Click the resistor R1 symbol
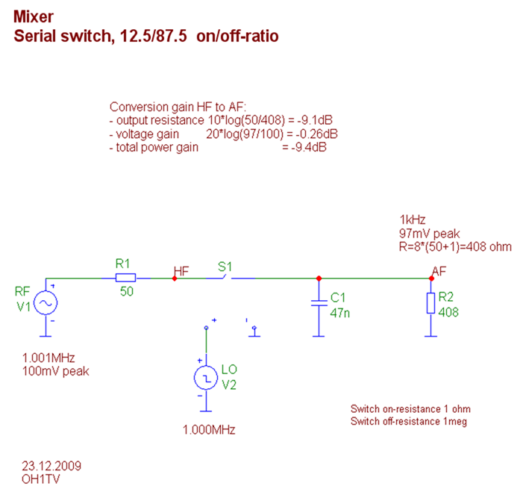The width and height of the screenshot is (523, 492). pyautogui.click(x=125, y=278)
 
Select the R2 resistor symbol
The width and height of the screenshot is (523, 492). pyautogui.click(x=430, y=303)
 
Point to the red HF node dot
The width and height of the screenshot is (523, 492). pyautogui.click(x=175, y=278)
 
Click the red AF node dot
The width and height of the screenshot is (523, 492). pyautogui.click(x=431, y=278)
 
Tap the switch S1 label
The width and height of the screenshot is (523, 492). pyautogui.click(x=224, y=265)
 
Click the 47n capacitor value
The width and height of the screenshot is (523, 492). pyautogui.click(x=339, y=312)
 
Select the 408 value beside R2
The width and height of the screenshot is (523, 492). pyautogui.click(x=448, y=311)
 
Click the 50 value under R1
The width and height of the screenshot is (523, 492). pyautogui.click(x=126, y=291)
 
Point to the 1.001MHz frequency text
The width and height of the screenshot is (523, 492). pyautogui.click(x=49, y=357)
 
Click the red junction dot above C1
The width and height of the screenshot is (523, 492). pyautogui.click(x=319, y=278)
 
